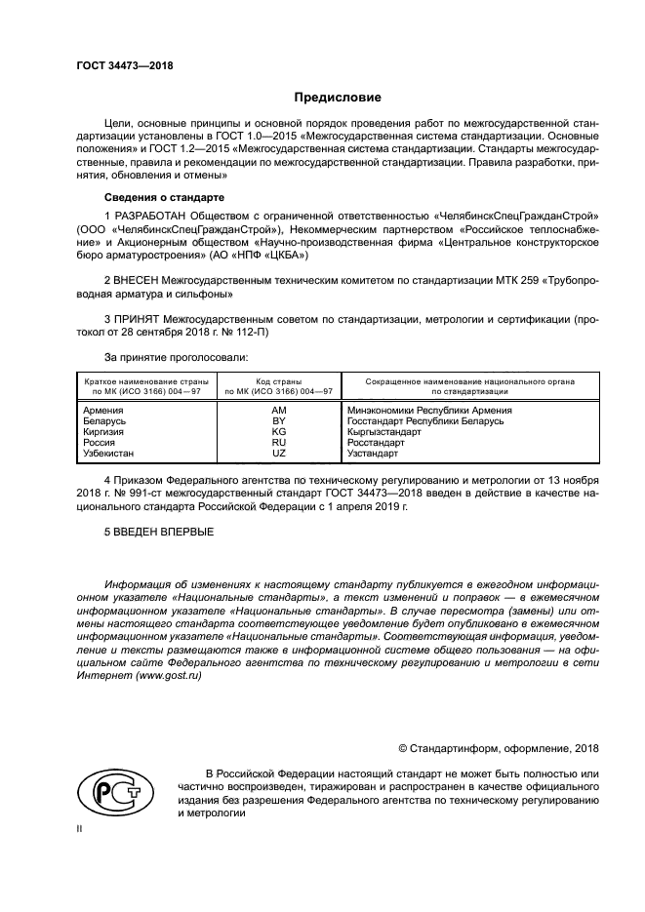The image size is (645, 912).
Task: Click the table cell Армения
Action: pos(103,411)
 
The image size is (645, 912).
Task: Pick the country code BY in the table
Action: pos(278,420)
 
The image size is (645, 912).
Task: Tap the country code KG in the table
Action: pos(278,431)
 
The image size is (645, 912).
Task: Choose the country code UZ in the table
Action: pos(278,453)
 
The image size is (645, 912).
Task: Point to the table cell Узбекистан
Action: pos(110,453)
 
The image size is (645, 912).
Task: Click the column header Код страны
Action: pos(278,381)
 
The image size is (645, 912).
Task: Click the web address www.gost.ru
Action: pos(173,675)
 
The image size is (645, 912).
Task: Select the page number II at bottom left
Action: pos(80,827)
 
